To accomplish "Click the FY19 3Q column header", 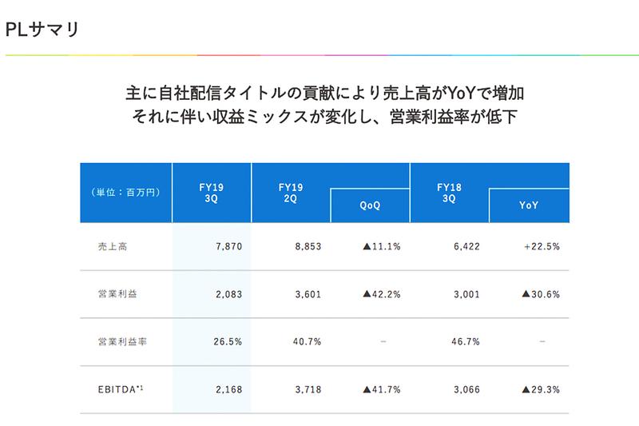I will click(211, 193).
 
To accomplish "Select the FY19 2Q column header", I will click(291, 193).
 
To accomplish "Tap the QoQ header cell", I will click(370, 205).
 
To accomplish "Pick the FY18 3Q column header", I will click(449, 193).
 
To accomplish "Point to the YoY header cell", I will click(529, 205).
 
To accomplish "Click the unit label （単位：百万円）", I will click(126, 193).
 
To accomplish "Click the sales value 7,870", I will click(228, 247).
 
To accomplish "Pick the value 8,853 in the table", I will click(308, 247).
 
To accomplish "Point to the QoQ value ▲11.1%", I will click(381, 247).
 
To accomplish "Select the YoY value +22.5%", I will click(542, 247).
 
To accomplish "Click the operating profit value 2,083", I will click(228, 294).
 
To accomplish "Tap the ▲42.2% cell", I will click(381, 294).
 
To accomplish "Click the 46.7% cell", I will click(466, 341).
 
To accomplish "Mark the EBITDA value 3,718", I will click(308, 389).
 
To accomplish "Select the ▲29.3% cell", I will click(540, 389).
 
